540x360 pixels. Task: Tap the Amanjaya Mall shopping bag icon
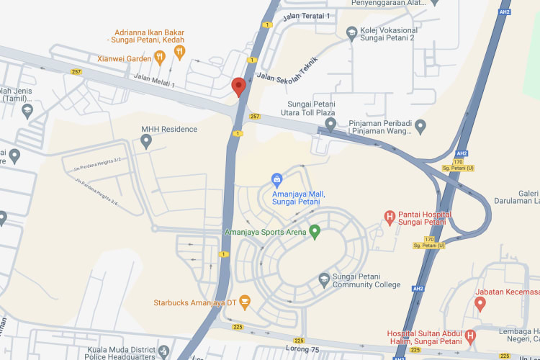click(276, 179)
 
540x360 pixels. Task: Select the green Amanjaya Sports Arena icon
click(314, 232)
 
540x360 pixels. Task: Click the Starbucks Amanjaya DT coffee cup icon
click(245, 302)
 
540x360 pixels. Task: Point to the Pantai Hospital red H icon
click(390, 215)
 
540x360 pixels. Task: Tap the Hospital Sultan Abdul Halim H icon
click(470, 336)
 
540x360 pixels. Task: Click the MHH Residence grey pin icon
click(146, 142)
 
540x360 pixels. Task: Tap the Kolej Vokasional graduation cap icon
click(351, 33)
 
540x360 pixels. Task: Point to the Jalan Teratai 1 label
click(306, 15)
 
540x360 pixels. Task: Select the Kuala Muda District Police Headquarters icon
click(165, 351)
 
